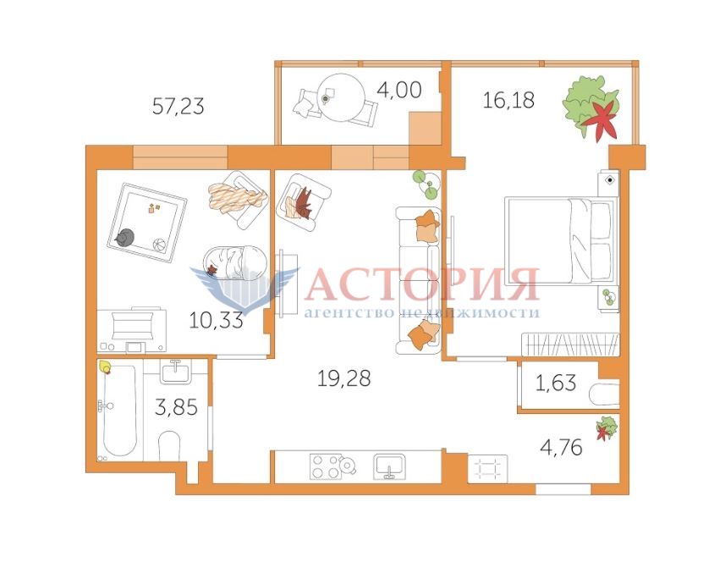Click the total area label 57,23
point(178,107)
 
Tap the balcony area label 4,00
point(399,91)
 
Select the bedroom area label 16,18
point(508,100)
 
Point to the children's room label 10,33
point(216,321)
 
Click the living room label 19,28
point(343,378)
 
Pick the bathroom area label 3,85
point(176,407)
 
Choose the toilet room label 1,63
point(556,383)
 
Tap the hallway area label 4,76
point(561,447)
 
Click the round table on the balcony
point(342,97)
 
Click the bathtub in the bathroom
point(118,410)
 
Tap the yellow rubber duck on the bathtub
point(105,366)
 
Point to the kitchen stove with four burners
point(327,466)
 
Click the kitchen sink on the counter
point(389,466)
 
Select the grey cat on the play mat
point(124,237)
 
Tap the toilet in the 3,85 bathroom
point(168,446)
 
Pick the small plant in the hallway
point(607,428)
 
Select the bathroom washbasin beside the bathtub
point(176,372)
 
